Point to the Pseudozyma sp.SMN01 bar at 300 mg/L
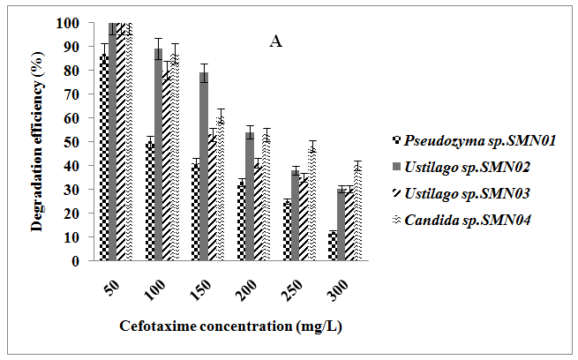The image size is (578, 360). [x=331, y=246]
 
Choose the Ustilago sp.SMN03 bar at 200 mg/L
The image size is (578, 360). [x=258, y=211]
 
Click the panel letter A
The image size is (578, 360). [x=275, y=41]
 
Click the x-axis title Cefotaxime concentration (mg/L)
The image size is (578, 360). [x=230, y=326]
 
